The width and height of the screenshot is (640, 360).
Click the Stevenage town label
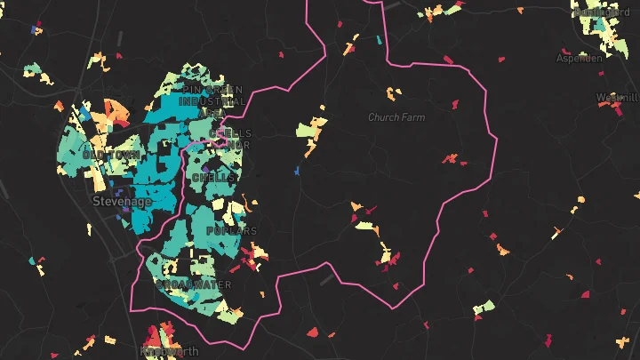[x=122, y=202]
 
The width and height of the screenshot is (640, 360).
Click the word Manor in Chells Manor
[x=238, y=145]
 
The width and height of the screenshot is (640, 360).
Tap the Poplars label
[x=231, y=231]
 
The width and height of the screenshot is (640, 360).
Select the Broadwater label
[x=193, y=285]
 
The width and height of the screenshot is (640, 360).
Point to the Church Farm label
[x=396, y=117]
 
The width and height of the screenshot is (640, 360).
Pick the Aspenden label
[x=579, y=58]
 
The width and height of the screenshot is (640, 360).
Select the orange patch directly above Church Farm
[x=393, y=92]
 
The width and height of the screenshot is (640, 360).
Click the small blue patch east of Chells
[x=298, y=170]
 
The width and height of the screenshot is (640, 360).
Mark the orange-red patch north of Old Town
[x=114, y=109]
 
